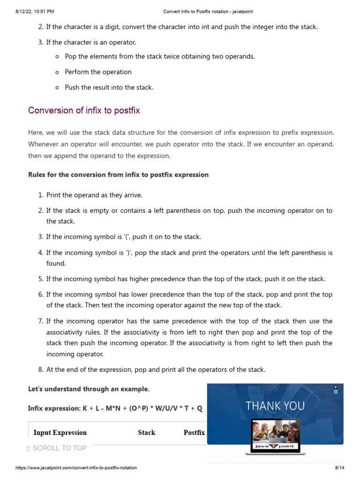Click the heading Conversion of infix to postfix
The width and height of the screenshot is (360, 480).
click(x=84, y=111)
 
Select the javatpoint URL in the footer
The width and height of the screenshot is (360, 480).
click(x=76, y=468)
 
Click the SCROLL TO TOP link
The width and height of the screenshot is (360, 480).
click(x=56, y=448)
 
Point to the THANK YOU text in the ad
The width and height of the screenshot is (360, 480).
click(x=275, y=406)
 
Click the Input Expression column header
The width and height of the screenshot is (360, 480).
click(x=60, y=433)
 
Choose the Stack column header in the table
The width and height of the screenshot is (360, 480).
click(x=146, y=433)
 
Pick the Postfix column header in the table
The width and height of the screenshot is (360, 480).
click(x=194, y=433)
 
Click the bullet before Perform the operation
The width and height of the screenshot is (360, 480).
click(x=57, y=72)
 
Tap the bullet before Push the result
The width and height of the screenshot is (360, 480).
click(x=57, y=88)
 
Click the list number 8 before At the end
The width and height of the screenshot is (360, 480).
click(x=40, y=370)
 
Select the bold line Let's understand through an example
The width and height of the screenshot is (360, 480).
click(x=89, y=389)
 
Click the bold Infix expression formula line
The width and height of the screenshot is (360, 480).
click(x=115, y=408)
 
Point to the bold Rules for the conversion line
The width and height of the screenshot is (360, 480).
click(x=118, y=175)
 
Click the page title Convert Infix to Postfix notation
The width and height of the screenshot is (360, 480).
click(x=208, y=11)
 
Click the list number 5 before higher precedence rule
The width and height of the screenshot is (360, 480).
click(x=40, y=279)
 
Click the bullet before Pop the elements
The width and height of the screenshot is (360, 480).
click(x=57, y=57)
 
